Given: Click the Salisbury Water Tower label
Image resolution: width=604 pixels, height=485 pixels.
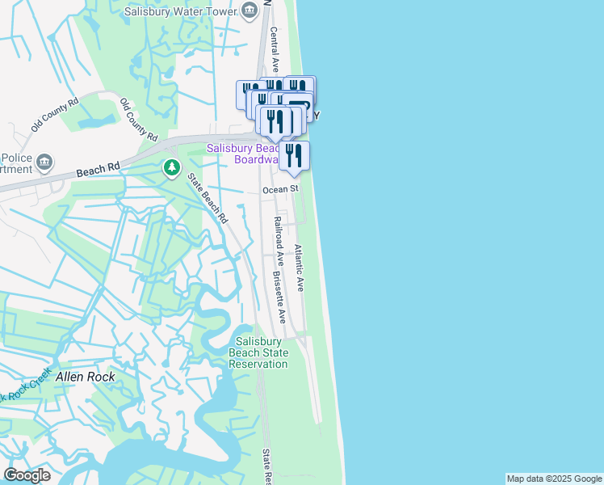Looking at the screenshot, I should coord(182,11).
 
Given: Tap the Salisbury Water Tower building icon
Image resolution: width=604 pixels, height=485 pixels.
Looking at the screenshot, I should coord(250,11).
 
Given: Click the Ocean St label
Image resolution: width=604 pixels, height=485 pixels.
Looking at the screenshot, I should coord(280,189).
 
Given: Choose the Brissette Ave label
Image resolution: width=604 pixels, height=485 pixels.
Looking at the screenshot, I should coord(280,296).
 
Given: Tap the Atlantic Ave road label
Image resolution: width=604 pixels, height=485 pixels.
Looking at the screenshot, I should coord(298,268).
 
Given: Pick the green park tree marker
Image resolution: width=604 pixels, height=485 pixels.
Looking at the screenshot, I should coord(171,168).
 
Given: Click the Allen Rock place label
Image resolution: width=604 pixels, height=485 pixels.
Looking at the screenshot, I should coord(85,377).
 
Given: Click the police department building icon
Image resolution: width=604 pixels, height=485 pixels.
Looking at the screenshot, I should coord(45,162).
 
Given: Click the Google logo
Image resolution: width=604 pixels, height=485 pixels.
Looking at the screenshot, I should coord(27,475).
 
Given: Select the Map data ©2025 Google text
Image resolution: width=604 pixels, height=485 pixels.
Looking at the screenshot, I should coord(554,479).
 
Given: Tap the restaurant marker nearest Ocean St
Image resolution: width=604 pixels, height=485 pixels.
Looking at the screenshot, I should coord(294,156).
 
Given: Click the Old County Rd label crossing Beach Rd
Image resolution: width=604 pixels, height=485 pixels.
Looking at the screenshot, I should coord(138,117).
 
